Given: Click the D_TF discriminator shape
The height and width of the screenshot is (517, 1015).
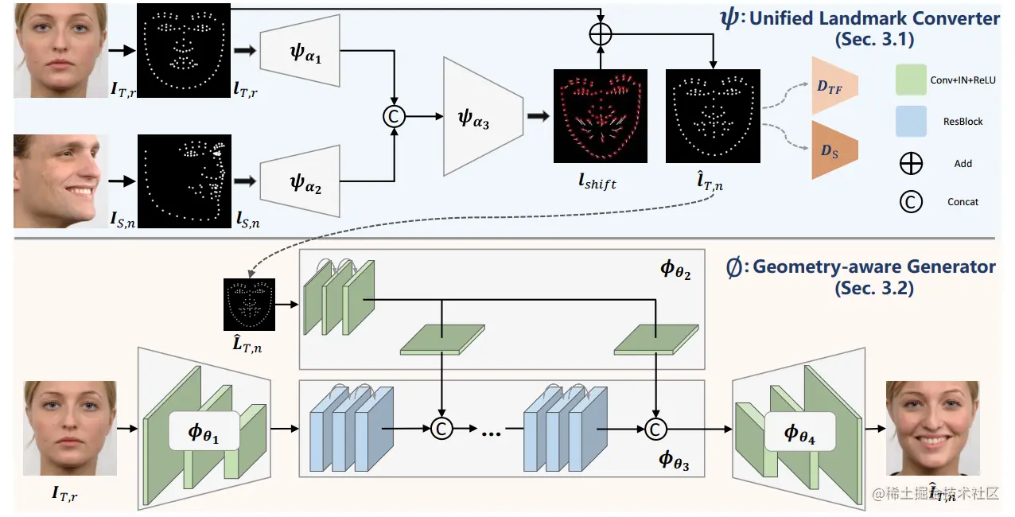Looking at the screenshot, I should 832,85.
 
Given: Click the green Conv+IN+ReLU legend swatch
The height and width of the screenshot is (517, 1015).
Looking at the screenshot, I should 911,80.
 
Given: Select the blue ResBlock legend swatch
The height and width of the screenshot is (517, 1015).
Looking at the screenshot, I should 911,121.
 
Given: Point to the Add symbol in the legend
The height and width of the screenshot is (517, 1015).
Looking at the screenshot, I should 911,164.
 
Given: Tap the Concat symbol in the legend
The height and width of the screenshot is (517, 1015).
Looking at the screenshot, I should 911,201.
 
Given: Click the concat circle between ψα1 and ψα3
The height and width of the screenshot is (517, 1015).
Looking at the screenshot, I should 393,116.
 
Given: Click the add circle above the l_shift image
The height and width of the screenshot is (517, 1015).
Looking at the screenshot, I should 601,34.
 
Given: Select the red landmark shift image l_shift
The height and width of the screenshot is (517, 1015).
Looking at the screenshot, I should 601,116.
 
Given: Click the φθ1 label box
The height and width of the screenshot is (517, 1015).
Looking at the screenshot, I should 204,433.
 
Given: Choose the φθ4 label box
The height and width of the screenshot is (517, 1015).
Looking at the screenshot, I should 800,433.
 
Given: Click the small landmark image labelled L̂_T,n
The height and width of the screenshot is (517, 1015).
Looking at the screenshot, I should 249,305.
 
